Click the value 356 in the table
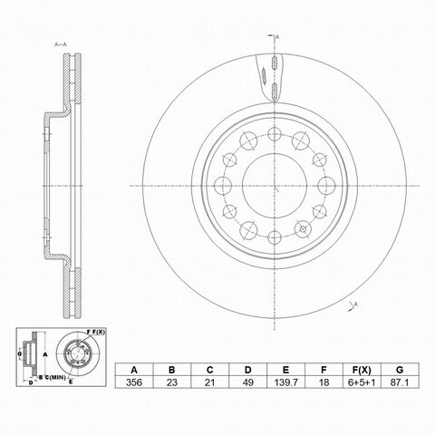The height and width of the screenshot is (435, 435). [x=134, y=382]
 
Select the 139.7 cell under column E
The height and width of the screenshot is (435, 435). [x=285, y=382]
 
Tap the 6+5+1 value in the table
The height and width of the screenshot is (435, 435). [x=362, y=382]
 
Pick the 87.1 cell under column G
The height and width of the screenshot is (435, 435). [x=400, y=382]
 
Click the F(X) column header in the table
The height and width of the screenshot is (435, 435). [x=362, y=370]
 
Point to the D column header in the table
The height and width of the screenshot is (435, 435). [x=247, y=370]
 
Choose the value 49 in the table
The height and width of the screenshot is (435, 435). [x=247, y=382]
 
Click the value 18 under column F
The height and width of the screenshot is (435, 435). [x=324, y=382]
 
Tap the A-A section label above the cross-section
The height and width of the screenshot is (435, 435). [x=61, y=44]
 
